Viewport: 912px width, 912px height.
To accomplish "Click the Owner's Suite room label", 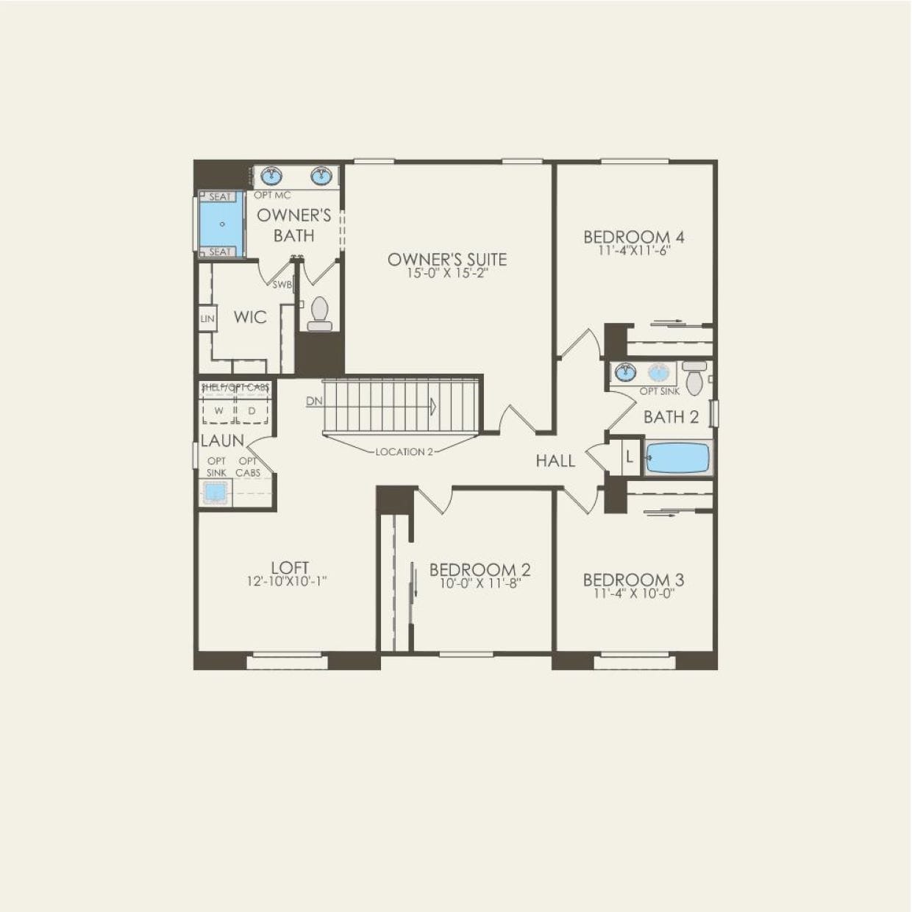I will coord(447,259).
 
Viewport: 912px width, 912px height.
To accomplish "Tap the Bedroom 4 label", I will coord(634,237).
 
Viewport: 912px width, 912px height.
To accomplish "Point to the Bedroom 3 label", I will coord(633,580).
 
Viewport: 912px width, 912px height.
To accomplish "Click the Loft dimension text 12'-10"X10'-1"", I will coord(287,581).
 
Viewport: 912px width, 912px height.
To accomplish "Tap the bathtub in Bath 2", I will coord(677,457).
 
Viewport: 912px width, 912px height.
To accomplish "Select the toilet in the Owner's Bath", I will coord(320,314).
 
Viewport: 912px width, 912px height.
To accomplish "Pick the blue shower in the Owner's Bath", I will coord(221,224).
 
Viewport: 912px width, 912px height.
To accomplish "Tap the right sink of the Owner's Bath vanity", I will coord(321,176).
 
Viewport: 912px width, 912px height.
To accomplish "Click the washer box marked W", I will coord(218,410).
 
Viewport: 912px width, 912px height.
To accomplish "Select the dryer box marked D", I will coord(252,410).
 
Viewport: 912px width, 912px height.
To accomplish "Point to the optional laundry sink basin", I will coord(215,491).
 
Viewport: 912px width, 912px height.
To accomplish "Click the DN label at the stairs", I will coord(314,402).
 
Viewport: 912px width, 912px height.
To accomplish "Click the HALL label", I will coord(555,460).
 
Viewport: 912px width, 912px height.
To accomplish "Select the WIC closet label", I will coord(250,317).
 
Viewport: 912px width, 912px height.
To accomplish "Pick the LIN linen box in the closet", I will coord(207,318).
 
